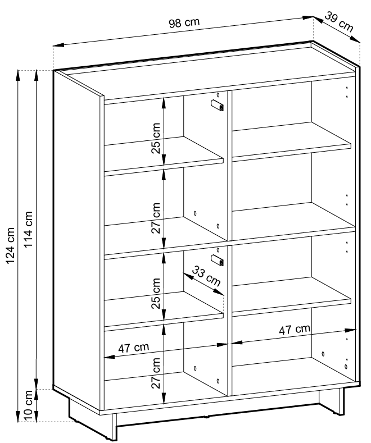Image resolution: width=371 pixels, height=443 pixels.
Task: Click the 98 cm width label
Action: (x=184, y=22)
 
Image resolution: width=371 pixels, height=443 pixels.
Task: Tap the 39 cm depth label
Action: (x=339, y=22)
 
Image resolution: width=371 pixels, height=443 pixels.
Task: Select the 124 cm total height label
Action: (x=10, y=245)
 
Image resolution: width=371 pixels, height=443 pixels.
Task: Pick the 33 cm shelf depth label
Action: (x=206, y=276)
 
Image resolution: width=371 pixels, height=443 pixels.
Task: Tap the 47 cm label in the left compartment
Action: (x=133, y=348)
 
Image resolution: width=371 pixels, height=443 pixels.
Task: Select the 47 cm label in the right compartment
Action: (x=295, y=330)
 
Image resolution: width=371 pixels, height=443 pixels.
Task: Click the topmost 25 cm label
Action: (x=156, y=138)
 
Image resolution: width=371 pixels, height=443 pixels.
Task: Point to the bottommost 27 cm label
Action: (x=156, y=373)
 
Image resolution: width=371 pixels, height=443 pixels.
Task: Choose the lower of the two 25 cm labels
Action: (x=156, y=293)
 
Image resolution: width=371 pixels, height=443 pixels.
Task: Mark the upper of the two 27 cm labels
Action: (x=156, y=218)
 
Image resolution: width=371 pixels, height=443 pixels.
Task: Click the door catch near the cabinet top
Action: (x=218, y=105)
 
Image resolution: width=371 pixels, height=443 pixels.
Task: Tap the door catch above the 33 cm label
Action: (x=218, y=260)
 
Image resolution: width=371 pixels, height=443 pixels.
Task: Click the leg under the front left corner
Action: (x=114, y=427)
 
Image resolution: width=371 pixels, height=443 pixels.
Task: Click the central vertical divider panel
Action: (x=229, y=243)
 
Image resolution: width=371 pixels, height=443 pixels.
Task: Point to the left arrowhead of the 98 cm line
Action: (x=58, y=45)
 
